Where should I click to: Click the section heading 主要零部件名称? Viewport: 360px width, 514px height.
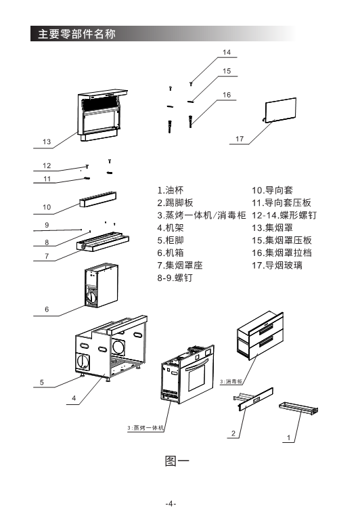click(x=76, y=34)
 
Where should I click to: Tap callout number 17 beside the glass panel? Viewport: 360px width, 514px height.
click(x=240, y=139)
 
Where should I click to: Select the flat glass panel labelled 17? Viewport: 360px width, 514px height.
click(x=280, y=110)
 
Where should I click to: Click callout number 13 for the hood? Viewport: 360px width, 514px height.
click(x=47, y=142)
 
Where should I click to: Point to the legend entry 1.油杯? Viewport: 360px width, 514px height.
click(x=171, y=190)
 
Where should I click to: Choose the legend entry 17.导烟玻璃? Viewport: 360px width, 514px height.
click(x=277, y=265)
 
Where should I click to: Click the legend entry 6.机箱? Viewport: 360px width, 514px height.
click(x=171, y=253)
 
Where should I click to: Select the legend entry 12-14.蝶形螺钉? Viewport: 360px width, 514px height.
click(x=284, y=215)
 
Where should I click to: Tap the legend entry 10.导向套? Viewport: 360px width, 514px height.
click(x=272, y=190)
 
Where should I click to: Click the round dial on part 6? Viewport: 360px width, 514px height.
click(x=92, y=298)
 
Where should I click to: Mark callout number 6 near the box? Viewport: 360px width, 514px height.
click(x=47, y=309)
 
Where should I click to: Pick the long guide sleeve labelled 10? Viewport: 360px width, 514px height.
click(x=97, y=200)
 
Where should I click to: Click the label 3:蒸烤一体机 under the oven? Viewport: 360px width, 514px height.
click(x=145, y=428)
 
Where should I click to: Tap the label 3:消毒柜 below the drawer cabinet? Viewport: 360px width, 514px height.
click(x=231, y=381)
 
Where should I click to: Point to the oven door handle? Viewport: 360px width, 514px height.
click(x=196, y=365)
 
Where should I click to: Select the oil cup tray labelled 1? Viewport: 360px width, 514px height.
click(x=298, y=408)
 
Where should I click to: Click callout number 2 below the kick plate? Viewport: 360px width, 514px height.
click(x=233, y=433)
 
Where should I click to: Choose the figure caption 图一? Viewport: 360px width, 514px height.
click(x=177, y=461)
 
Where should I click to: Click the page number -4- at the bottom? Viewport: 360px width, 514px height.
click(x=171, y=504)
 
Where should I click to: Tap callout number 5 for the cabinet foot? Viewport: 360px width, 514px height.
click(x=42, y=382)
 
